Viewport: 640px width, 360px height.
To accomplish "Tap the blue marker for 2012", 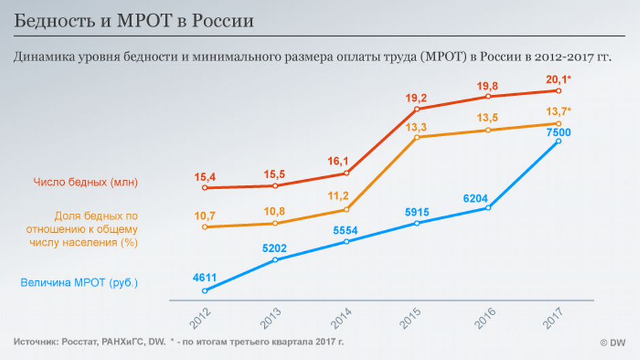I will click(204, 291).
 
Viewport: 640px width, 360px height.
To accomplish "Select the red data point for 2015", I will click(417, 109).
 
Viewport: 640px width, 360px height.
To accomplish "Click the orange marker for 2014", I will click(346, 210).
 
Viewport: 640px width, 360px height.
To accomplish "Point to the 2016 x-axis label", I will click(485, 314).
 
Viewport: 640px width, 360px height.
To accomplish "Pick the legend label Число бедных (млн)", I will click(85, 182).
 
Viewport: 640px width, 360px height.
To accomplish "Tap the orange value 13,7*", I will click(558, 112).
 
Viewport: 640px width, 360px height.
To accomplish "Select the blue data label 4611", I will click(204, 277).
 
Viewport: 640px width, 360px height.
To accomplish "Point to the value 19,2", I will click(417, 97).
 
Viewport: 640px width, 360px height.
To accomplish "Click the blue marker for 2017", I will click(558, 141).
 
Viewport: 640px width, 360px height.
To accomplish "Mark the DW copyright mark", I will click(613, 342).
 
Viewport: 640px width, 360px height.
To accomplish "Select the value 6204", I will click(476, 197).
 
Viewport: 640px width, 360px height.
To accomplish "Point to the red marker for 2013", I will click(275, 186).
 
